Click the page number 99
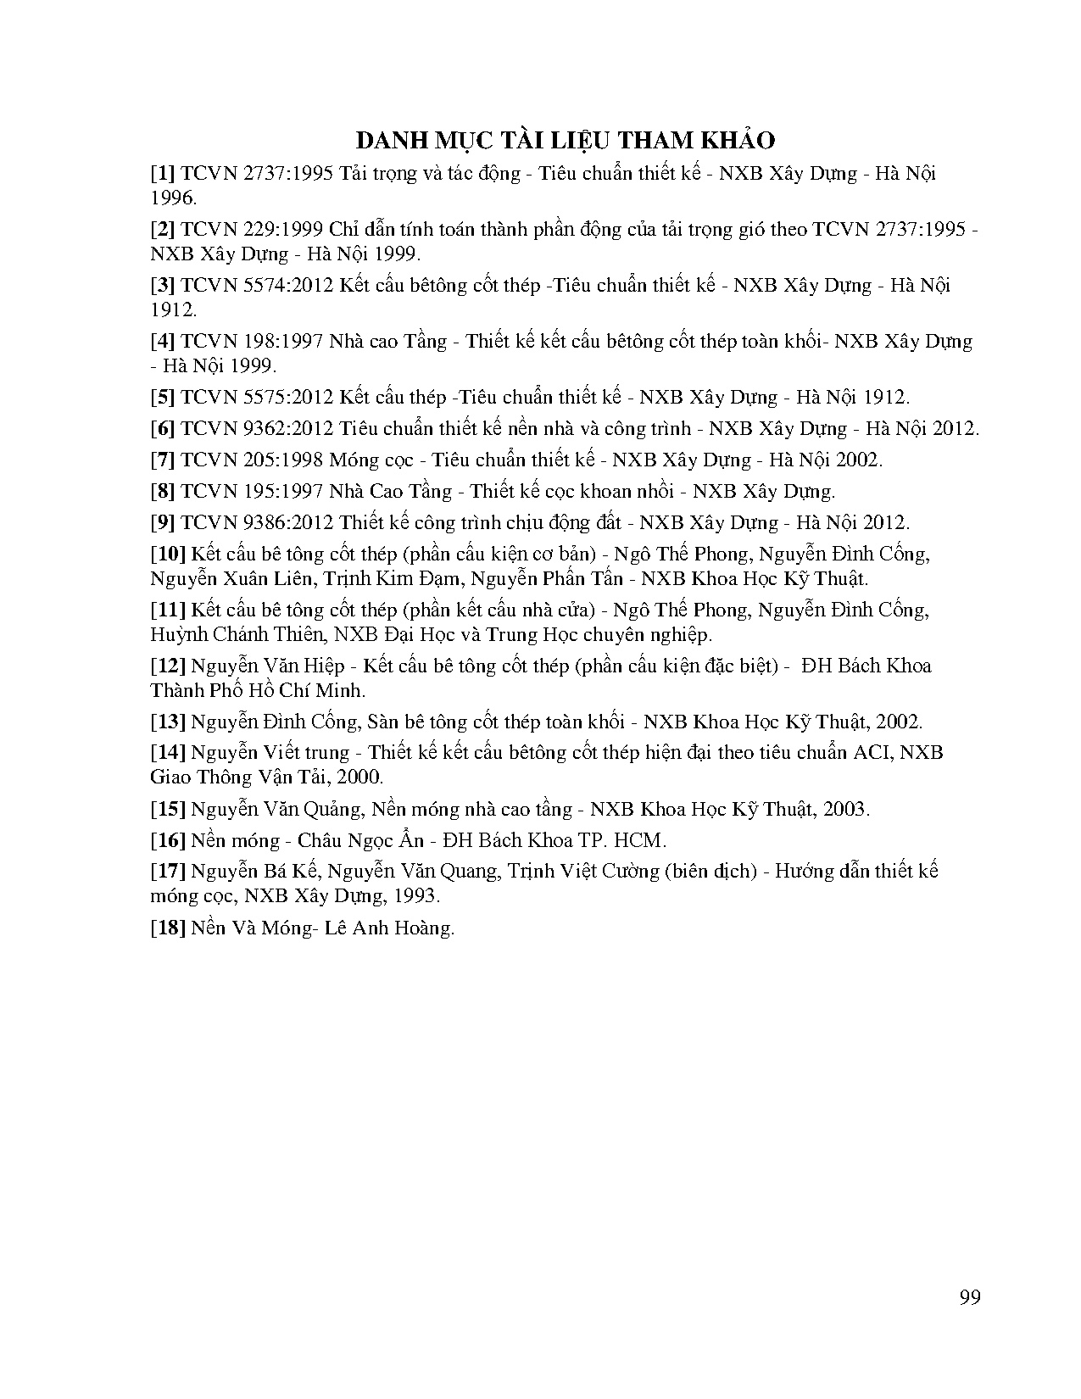pos(970,1297)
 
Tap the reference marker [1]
pos(163,174)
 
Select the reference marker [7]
pos(163,460)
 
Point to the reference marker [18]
pos(168,928)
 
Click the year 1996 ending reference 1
pos(172,198)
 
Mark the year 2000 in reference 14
pos(361,778)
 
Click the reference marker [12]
pos(168,666)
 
